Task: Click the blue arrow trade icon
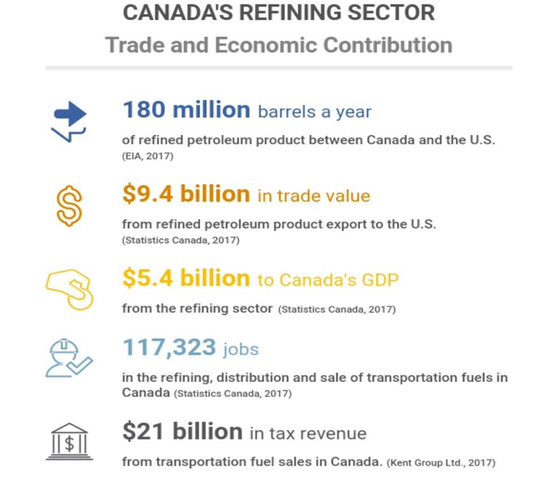pyautogui.click(x=69, y=121)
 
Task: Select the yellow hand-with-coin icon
pyautogui.click(x=69, y=289)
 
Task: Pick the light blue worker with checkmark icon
pyautogui.click(x=69, y=358)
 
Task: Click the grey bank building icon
pyautogui.click(x=69, y=441)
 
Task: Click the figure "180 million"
pyautogui.click(x=186, y=109)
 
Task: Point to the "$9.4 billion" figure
pyautogui.click(x=186, y=195)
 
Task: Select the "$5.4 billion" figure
pyautogui.click(x=186, y=279)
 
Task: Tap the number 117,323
pyautogui.click(x=169, y=348)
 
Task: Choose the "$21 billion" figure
pyautogui.click(x=182, y=432)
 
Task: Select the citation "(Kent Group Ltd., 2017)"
pyautogui.click(x=441, y=462)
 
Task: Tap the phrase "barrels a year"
pyautogui.click(x=315, y=111)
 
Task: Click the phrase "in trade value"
pyautogui.click(x=313, y=196)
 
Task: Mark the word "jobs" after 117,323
pyautogui.click(x=241, y=349)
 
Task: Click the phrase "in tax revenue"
pyautogui.click(x=308, y=433)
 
